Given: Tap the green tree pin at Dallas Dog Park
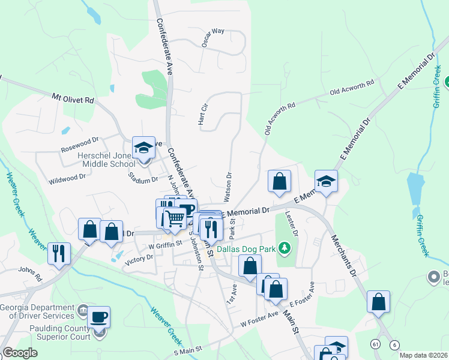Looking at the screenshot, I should pos(288,247).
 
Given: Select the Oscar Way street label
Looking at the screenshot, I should pos(213,31).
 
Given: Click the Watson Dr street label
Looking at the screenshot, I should pos(228,187).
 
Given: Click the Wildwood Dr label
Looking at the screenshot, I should pos(67,178).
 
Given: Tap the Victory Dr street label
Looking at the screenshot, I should pos(139,259).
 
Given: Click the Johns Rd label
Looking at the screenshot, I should pos(30,274).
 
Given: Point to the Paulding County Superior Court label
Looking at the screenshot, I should pos(53,331).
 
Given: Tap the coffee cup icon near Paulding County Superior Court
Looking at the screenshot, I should pos(99,316).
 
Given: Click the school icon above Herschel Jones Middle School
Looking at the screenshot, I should pos(144,148).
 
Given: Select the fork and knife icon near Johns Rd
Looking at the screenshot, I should pos(59,253).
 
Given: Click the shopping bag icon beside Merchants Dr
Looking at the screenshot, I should pos(379,301).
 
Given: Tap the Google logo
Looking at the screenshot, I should pos(20,353).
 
